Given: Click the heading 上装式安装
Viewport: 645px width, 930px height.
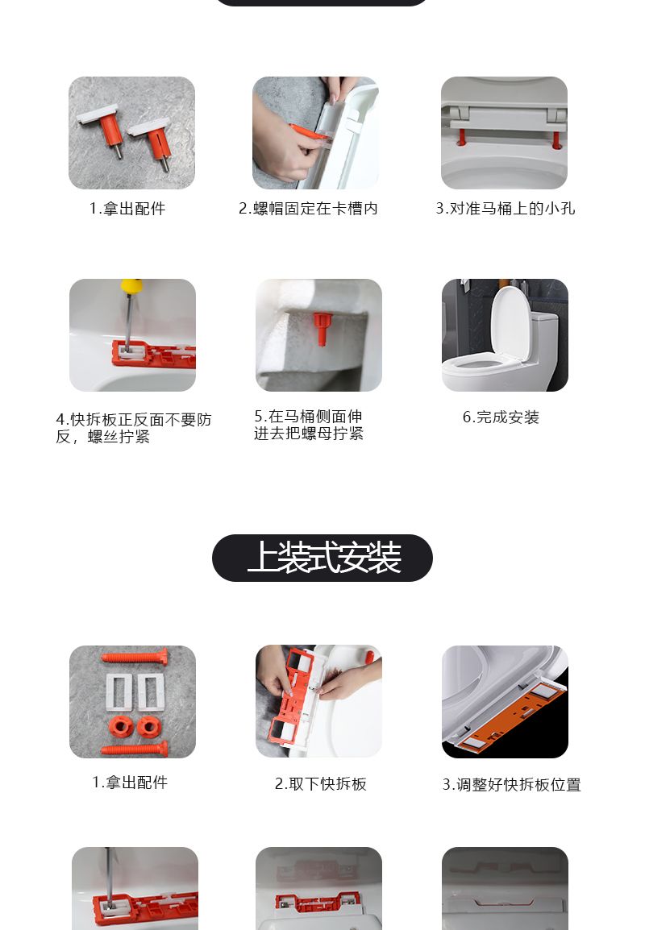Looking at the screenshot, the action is pos(323,558).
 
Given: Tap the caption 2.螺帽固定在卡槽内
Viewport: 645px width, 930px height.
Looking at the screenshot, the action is pos(308,209).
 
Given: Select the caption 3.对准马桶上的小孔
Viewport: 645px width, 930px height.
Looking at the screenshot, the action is pos(505,209).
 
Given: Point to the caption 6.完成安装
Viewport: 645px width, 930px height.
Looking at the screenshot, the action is pos(501,417).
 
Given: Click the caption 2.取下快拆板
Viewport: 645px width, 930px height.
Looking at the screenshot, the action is pos(320,784).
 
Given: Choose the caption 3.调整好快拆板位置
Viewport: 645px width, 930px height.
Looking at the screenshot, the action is pos(511,785).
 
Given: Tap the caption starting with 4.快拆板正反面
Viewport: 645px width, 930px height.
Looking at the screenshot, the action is pos(134,428).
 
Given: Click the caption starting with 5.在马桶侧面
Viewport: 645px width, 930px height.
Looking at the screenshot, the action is pos(309,426).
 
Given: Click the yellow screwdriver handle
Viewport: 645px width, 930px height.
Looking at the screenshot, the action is pos(131,286).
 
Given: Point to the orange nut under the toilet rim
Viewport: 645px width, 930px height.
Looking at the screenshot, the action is pos(322,328).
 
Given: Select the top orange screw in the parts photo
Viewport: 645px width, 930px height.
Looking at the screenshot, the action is pos(135,657).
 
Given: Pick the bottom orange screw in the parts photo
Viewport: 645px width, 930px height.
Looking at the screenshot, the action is pos(135,749).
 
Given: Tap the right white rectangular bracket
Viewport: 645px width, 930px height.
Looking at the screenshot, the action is pos(151,691).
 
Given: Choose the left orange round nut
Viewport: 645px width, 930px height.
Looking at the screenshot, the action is pos(122,726).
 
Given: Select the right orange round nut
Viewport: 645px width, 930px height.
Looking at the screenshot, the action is pos(149,726).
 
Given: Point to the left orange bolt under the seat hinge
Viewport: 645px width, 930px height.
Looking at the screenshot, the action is pos(461,138).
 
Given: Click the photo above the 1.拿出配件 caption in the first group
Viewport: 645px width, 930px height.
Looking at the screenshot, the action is pos(131,133).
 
